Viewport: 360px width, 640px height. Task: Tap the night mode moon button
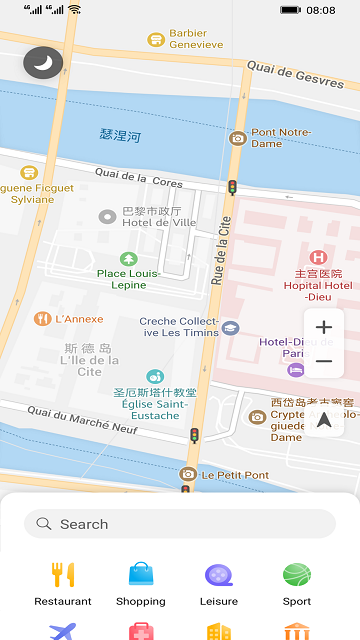[43, 63]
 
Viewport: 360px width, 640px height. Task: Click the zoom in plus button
[324, 328]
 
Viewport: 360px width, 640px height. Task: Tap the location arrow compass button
[324, 420]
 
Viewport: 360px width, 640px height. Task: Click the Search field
[180, 524]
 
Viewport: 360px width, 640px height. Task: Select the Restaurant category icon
[63, 575]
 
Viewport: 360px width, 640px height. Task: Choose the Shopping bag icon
[141, 575]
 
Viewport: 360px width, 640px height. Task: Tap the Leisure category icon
[219, 575]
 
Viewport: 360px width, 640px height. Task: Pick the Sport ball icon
[297, 575]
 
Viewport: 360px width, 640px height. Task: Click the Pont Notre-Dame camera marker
[238, 138]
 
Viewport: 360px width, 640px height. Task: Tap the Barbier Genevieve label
[196, 39]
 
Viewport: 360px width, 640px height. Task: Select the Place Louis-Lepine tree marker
[128, 259]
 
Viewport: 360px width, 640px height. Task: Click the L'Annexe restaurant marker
[42, 319]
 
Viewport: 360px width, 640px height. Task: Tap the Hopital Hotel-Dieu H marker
[318, 257]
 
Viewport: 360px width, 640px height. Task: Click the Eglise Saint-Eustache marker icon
[155, 377]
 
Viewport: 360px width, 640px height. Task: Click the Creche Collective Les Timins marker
[231, 327]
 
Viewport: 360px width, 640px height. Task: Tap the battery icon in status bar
[290, 10]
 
